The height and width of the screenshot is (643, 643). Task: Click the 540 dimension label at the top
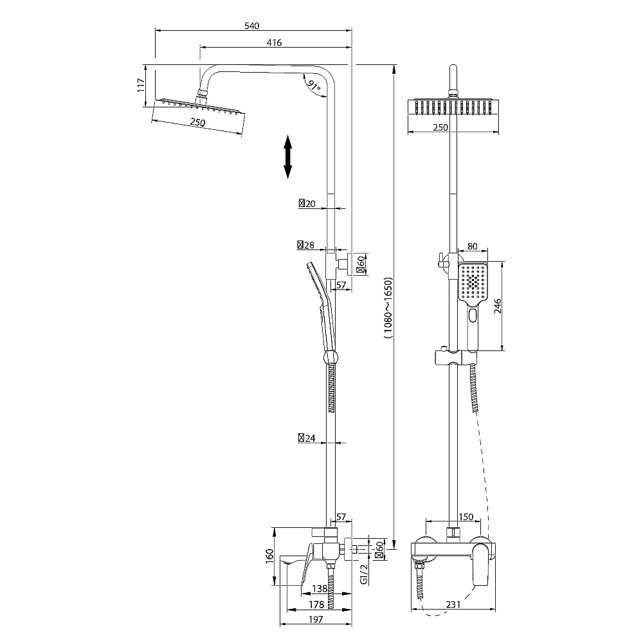[252, 26]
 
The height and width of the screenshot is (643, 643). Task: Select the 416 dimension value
[274, 42]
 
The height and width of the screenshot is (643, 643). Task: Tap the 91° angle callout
[314, 86]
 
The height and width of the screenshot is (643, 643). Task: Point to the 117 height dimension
[141, 86]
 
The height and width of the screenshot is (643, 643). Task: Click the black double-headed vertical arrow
[288, 157]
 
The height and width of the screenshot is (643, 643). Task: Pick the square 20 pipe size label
[307, 203]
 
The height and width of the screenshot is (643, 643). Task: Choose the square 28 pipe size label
[306, 245]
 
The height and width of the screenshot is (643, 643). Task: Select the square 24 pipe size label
[307, 438]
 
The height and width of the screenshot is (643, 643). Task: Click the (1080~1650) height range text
[388, 308]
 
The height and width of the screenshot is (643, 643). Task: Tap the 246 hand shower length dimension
[498, 306]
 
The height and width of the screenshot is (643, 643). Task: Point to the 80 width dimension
[473, 246]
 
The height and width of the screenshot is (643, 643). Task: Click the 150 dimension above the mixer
[466, 517]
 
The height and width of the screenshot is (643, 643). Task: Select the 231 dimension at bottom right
[453, 604]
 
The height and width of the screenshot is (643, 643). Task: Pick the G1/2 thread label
[364, 574]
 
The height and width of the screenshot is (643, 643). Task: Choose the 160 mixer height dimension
[269, 556]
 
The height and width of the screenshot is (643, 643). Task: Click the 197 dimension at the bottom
[316, 619]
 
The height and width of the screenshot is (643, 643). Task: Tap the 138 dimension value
[320, 589]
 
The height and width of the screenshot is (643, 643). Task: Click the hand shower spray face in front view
[473, 282]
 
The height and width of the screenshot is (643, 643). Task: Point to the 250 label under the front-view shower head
[440, 127]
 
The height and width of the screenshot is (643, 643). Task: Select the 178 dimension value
[316, 604]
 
